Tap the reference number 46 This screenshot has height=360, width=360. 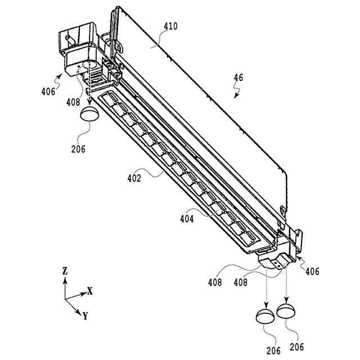pos(238,78)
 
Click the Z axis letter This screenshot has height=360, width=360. pos(65,271)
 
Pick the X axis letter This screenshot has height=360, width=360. pos(89,291)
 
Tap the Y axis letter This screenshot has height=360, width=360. pos(85,316)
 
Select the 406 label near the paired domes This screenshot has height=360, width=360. pos(312,272)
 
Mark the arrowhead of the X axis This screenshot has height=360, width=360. pos(83,293)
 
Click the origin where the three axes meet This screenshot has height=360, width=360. pos(65,298)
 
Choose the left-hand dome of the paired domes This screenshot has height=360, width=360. pos(264,316)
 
